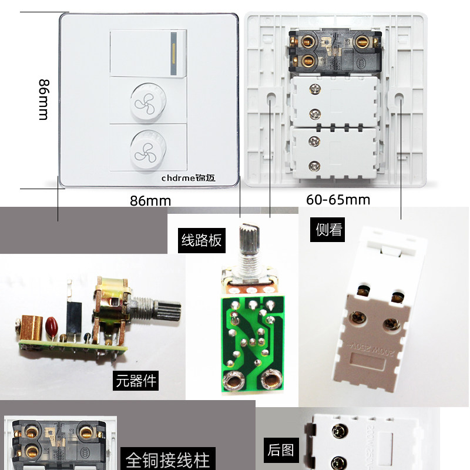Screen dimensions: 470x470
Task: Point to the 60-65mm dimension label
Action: pyautogui.click(x=338, y=200)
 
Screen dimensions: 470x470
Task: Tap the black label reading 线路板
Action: pyautogui.click(x=201, y=240)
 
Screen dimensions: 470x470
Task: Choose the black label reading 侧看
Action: pyautogui.click(x=329, y=229)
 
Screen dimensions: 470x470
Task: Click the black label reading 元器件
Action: pyautogui.click(x=136, y=381)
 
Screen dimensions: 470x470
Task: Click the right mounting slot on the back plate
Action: pyautogui.click(x=400, y=97)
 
